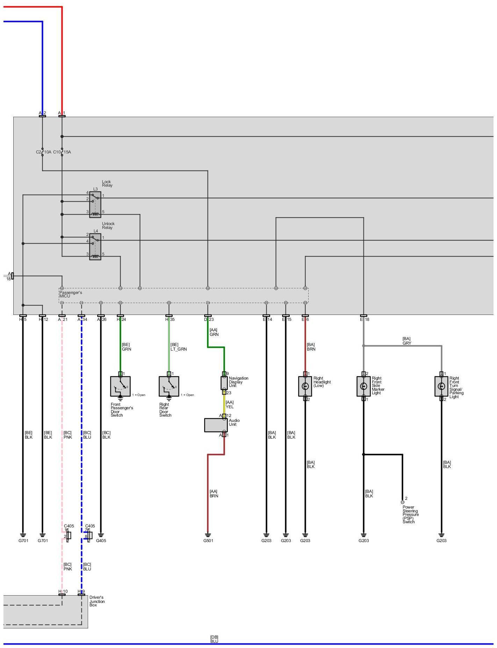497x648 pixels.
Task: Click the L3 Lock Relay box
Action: (x=95, y=204)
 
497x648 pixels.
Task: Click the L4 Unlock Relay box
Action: (x=95, y=247)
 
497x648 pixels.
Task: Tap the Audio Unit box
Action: (x=216, y=425)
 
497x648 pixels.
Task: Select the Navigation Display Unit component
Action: (x=224, y=383)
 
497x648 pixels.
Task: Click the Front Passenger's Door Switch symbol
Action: (x=120, y=386)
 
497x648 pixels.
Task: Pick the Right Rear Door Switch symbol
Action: (x=169, y=386)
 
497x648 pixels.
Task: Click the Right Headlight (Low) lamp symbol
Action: (x=305, y=386)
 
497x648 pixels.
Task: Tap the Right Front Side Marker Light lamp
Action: (x=363, y=386)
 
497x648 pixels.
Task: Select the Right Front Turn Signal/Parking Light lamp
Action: (x=441, y=386)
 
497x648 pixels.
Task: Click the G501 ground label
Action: (x=208, y=541)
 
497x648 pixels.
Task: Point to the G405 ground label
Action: (x=101, y=541)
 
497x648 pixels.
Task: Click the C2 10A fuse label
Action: (x=43, y=152)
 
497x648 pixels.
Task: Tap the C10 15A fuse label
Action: (x=62, y=152)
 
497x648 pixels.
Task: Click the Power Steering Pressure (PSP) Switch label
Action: (x=410, y=514)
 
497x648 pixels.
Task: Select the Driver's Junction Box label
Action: (x=97, y=601)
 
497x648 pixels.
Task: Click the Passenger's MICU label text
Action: (x=70, y=294)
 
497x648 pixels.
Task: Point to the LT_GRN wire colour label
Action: (x=179, y=349)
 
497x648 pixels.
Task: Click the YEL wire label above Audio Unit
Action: (x=230, y=407)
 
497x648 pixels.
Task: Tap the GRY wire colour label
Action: (x=407, y=343)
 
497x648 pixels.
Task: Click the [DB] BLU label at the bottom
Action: (x=214, y=639)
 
